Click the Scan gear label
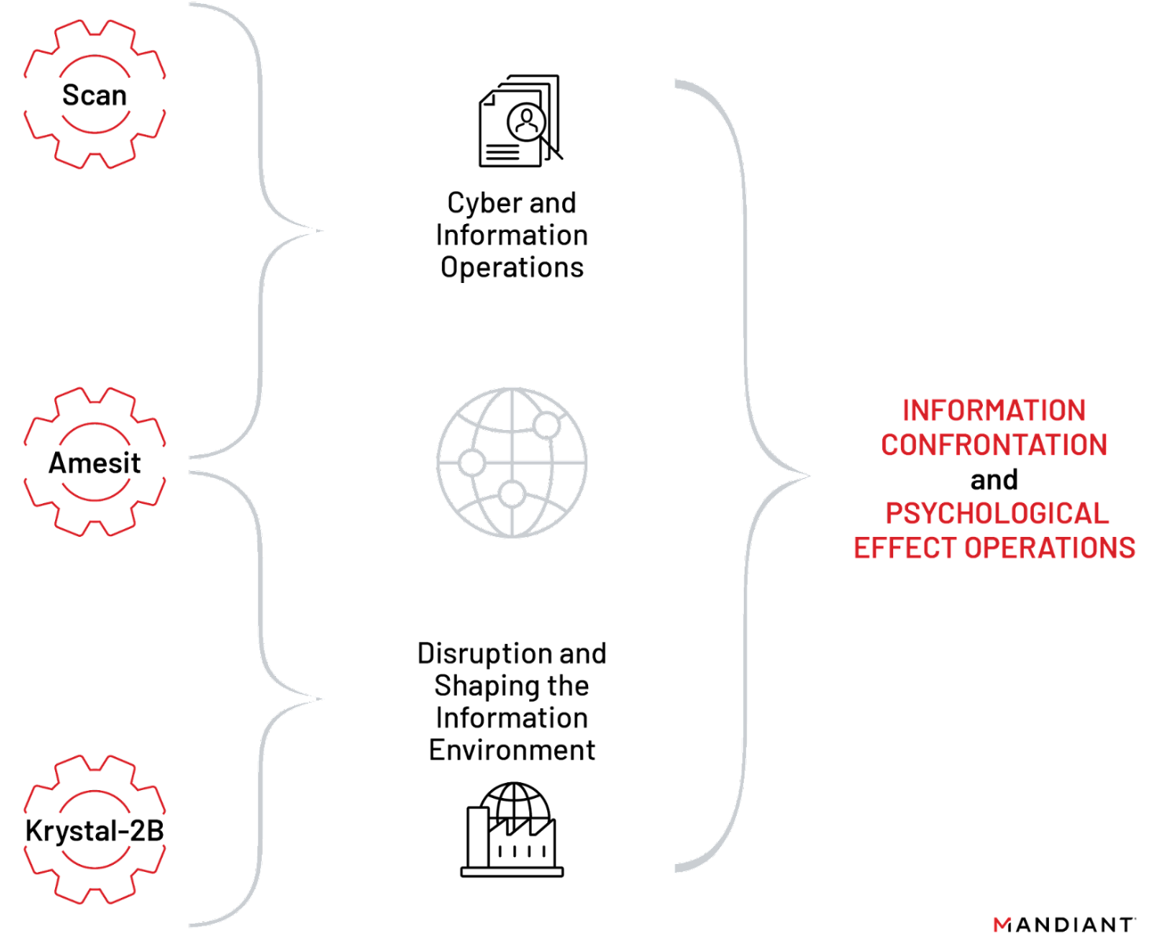pos(94,95)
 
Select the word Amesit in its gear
pos(94,463)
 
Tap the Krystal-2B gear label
pos(94,831)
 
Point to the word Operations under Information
pos(512,267)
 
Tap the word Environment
pos(512,750)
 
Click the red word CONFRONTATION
pos(994,445)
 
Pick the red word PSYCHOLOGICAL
pos(997,513)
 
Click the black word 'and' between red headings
pos(994,480)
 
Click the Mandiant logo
pos(1064,925)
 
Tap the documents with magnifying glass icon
pos(519,121)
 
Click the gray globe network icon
pos(512,462)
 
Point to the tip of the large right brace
pos(807,476)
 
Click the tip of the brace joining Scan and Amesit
pos(321,231)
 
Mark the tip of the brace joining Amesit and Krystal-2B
pos(320,699)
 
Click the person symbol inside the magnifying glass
pos(526,120)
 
